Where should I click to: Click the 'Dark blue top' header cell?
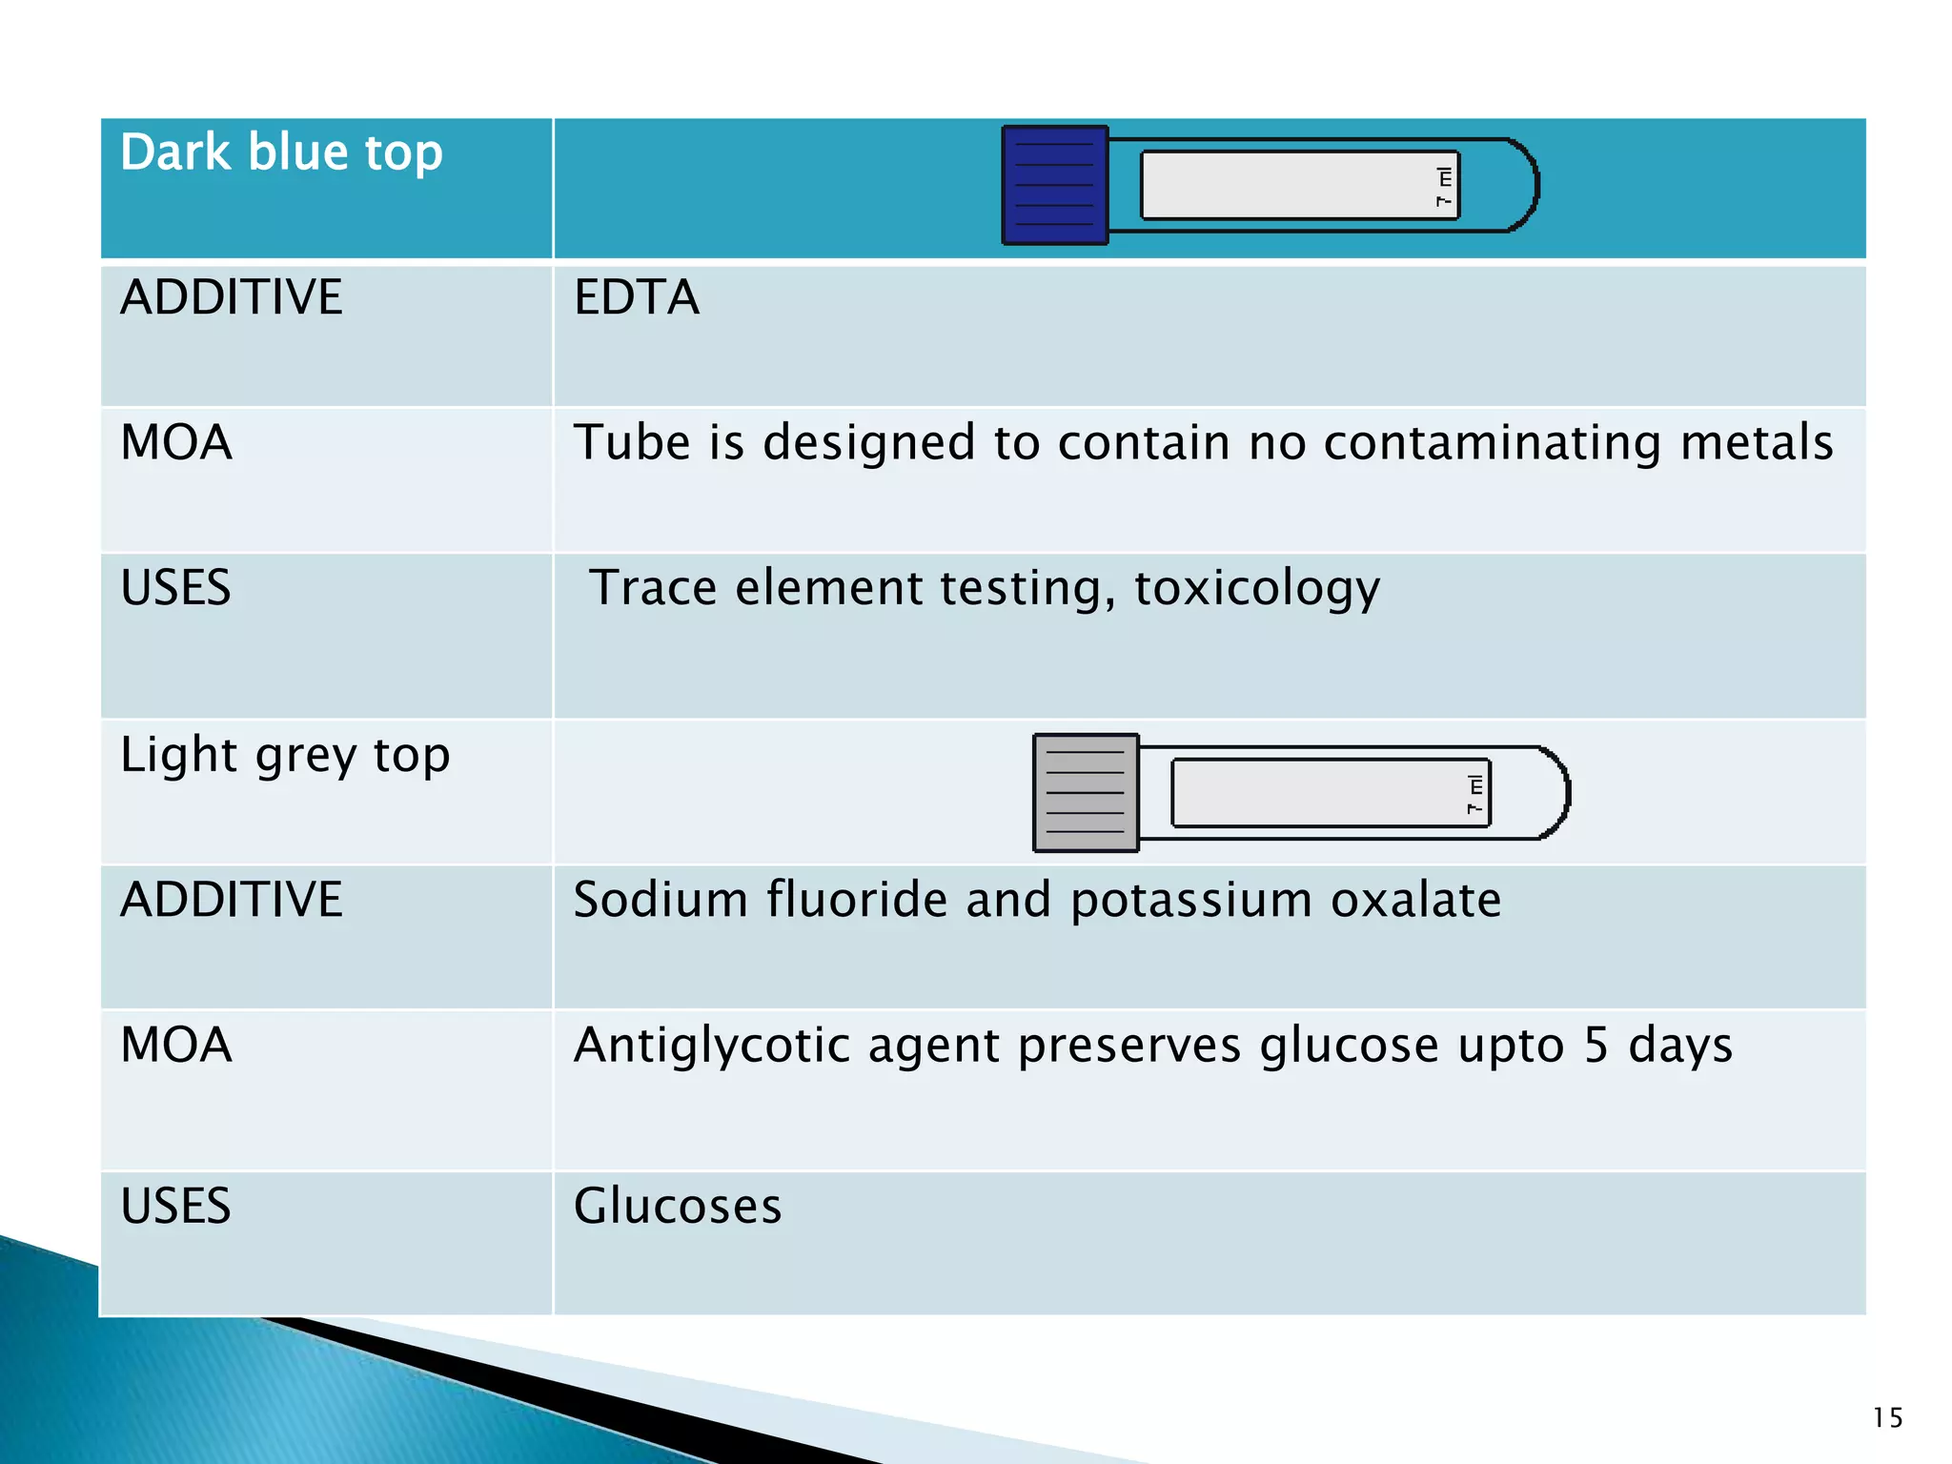pyautogui.click(x=281, y=153)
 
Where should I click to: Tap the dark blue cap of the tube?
pyautogui.click(x=1054, y=185)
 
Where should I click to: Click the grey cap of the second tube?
pyautogui.click(x=1086, y=792)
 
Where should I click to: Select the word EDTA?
pyautogui.click(x=636, y=297)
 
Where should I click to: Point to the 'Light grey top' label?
pyautogui.click(x=285, y=756)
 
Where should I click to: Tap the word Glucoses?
pyautogui.click(x=678, y=1206)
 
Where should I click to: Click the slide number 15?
pyautogui.click(x=1887, y=1417)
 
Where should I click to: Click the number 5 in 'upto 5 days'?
pyautogui.click(x=1596, y=1046)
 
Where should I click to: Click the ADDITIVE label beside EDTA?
pyautogui.click(x=232, y=297)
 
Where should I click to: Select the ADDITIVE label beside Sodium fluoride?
pyautogui.click(x=232, y=900)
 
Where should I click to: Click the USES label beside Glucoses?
pyautogui.click(x=176, y=1206)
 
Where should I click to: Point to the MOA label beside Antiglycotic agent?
pyautogui.click(x=176, y=1046)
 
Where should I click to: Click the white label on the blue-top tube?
pyautogui.click(x=1287, y=185)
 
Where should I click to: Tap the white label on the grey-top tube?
pyautogui.click(x=1320, y=792)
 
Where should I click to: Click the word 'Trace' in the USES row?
pyautogui.click(x=652, y=588)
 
